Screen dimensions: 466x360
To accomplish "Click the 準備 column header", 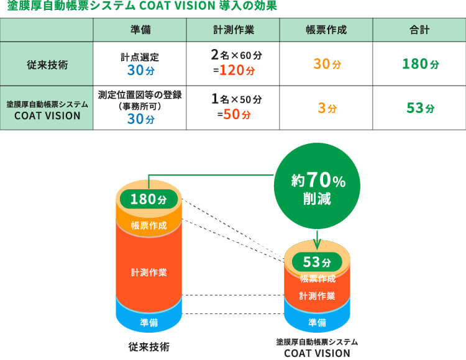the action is pyautogui.click(x=140, y=30).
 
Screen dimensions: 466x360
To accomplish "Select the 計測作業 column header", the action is pyautogui.click(x=233, y=30).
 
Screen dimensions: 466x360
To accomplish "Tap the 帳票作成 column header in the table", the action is pyautogui.click(x=326, y=30).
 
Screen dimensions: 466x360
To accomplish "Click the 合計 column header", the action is pyautogui.click(x=419, y=30).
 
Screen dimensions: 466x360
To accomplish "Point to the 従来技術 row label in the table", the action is pyautogui.click(x=47, y=65).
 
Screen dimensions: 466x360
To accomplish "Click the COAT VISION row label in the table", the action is pyautogui.click(x=47, y=110).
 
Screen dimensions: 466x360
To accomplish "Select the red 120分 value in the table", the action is pyautogui.click(x=237, y=70).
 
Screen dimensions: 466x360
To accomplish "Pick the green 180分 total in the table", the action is pyautogui.click(x=420, y=64).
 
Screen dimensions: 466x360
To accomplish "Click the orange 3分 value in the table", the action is pyautogui.click(x=327, y=108).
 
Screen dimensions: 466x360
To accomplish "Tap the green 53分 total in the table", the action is pyautogui.click(x=420, y=108).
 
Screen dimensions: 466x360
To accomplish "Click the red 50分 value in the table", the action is pyautogui.click(x=237, y=114).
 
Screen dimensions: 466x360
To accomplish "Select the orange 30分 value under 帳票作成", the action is pyautogui.click(x=327, y=64).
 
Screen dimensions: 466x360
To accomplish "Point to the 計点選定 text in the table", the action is pyautogui.click(x=140, y=57).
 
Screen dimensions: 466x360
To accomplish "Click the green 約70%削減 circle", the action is pyautogui.click(x=317, y=186).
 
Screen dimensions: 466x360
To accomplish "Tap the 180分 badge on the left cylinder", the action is pyautogui.click(x=148, y=199).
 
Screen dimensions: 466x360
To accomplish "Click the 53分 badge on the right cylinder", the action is pyautogui.click(x=317, y=262).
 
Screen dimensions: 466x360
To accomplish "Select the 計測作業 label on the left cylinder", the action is pyautogui.click(x=149, y=272).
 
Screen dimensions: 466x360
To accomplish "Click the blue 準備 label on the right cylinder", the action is pyautogui.click(x=317, y=322).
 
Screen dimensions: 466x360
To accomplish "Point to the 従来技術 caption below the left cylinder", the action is pyautogui.click(x=149, y=346).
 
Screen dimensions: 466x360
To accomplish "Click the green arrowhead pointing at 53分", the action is pyautogui.click(x=317, y=246).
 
